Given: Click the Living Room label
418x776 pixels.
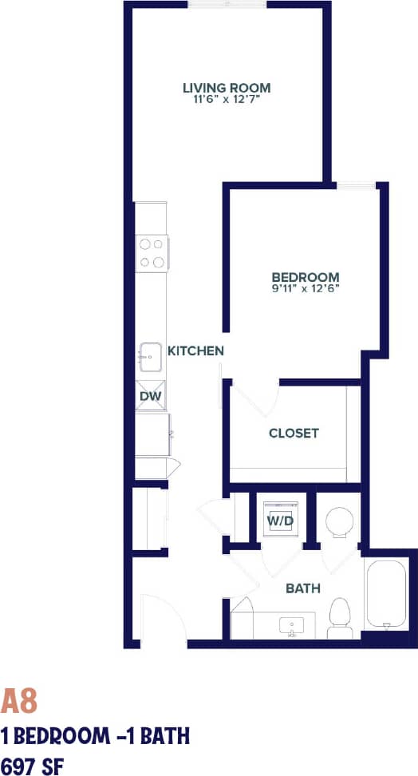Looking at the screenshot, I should pos(227,88).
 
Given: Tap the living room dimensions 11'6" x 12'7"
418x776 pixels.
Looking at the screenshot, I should pos(227,101).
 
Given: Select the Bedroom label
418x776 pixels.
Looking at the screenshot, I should pos(306,277).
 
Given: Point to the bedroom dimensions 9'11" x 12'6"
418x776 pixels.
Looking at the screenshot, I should pos(306,289).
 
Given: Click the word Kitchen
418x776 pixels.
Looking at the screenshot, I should pos(195,350).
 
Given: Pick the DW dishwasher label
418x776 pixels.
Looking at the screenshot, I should pos(150,396).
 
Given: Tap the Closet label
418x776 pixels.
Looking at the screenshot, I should pos(294,434).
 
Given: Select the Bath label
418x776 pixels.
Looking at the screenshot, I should pos(303,588).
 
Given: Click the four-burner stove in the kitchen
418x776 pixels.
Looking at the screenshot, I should pos(152,251).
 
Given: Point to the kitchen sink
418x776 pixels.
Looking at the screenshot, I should pos(152,357).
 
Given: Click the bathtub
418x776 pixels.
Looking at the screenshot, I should pos(388,595).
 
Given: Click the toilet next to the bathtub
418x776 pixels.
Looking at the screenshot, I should pos(340,618).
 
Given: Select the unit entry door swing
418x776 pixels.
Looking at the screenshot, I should pos(152,619).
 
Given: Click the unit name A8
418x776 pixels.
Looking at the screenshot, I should pos(19,702).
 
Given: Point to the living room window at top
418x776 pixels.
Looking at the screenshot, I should pos(227,5).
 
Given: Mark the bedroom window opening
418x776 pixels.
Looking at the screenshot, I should pos(356,186).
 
